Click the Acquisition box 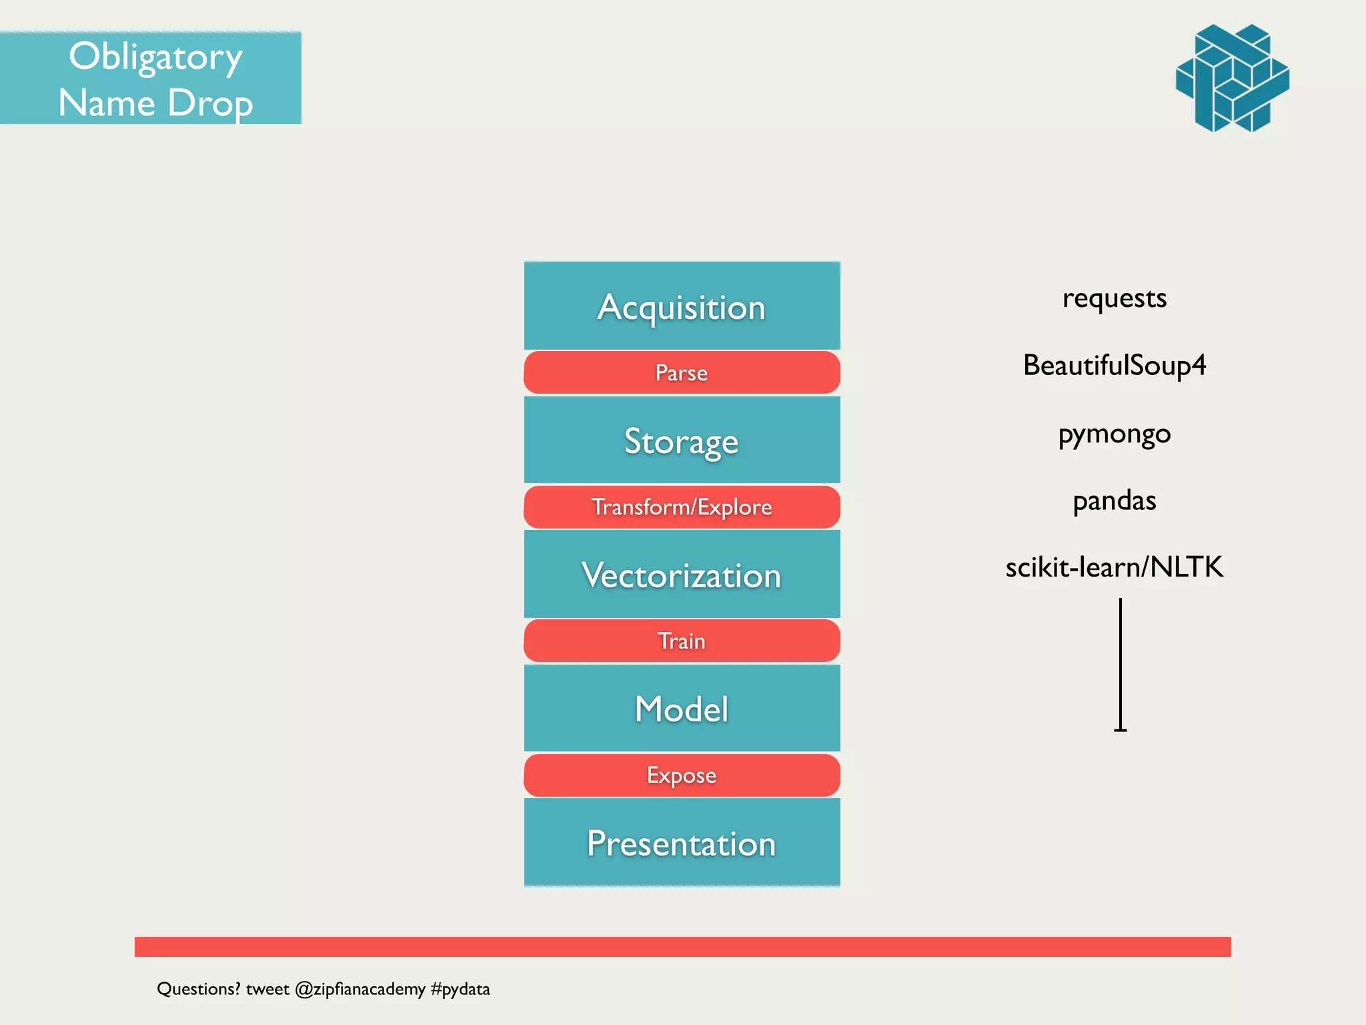(682, 306)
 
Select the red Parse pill (682, 372)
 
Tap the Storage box (682, 440)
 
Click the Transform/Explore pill (682, 507)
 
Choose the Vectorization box (682, 575)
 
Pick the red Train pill (682, 641)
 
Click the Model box (682, 708)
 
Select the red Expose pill (682, 775)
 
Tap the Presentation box (682, 843)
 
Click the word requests (1114, 298)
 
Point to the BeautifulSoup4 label (1114, 366)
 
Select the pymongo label (1114, 434)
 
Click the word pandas (1114, 500)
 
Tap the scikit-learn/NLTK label (1114, 567)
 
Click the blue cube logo (1232, 78)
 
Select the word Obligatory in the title (155, 57)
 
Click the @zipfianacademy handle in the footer (360, 989)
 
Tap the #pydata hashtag (460, 989)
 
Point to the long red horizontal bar (682, 946)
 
